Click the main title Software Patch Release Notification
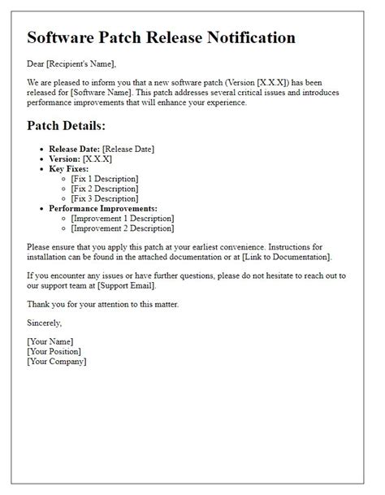click(x=161, y=37)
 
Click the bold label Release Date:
click(x=76, y=149)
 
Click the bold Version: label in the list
click(x=64, y=158)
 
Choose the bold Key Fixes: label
click(x=70, y=168)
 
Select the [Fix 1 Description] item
click(x=106, y=179)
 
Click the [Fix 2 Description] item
click(x=106, y=189)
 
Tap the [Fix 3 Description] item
click(x=106, y=198)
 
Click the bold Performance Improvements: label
click(x=103, y=208)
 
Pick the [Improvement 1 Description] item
click(x=123, y=218)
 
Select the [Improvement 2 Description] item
click(x=123, y=228)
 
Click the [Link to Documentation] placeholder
click(x=283, y=256)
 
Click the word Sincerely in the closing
click(x=44, y=323)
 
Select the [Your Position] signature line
click(x=54, y=351)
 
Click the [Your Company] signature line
click(x=56, y=361)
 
